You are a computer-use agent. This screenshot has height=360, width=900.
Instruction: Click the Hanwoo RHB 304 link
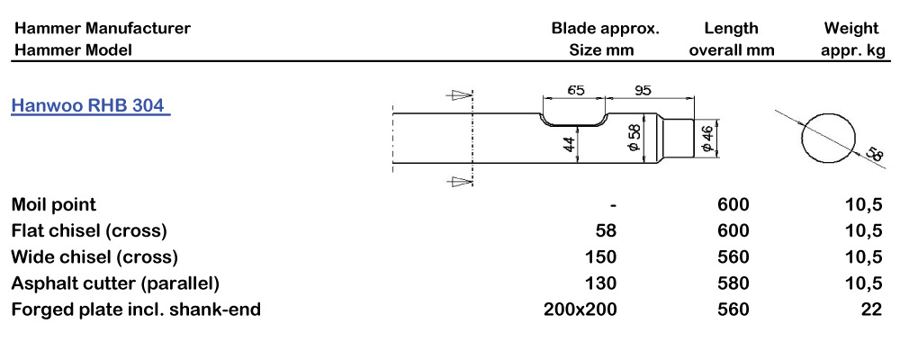(x=90, y=105)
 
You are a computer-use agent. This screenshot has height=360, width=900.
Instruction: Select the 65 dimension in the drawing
(x=577, y=90)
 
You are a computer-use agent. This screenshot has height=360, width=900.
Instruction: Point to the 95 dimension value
(x=643, y=90)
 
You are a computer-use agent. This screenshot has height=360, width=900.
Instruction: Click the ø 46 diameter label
(x=707, y=139)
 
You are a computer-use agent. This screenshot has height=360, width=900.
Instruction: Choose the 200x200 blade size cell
(x=580, y=310)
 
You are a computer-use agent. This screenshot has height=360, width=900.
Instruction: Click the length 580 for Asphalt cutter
(x=733, y=284)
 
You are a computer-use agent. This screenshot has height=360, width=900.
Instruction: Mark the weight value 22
(x=869, y=310)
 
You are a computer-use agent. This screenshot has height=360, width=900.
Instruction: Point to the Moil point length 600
(x=733, y=204)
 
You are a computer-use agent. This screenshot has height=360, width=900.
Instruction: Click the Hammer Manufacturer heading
(x=102, y=28)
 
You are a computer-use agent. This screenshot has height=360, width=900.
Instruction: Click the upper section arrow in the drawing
(x=461, y=94)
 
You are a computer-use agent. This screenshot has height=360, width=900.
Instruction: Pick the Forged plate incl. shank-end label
(x=136, y=310)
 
